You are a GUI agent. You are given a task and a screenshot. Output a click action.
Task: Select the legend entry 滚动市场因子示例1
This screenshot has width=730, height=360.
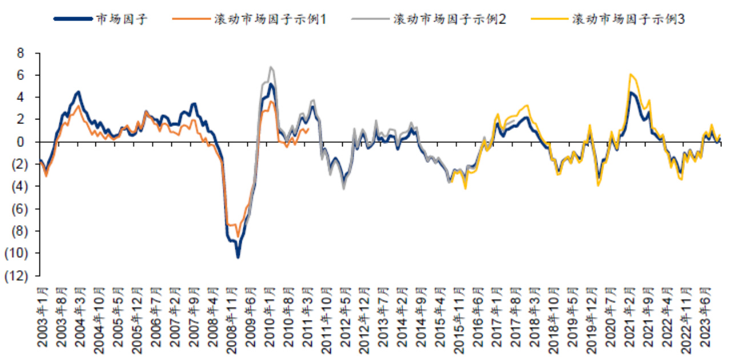pyautogui.click(x=268, y=18)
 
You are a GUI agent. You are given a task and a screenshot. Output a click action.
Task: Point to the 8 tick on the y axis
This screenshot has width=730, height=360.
pyautogui.click(x=22, y=53)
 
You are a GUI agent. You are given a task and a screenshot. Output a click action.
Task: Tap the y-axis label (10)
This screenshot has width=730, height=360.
pyautogui.click(x=15, y=253)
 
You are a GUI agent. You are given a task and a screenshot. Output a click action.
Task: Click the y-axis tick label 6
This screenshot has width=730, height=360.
pyautogui.click(x=22, y=75)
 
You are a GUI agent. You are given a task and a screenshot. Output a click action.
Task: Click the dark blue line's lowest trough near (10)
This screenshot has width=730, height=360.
pyautogui.click(x=238, y=257)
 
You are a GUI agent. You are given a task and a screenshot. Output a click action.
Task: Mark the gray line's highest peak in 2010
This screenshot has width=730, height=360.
pyautogui.click(x=271, y=67)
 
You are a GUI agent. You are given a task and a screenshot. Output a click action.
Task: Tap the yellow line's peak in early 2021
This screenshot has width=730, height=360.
pyautogui.click(x=629, y=74)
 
